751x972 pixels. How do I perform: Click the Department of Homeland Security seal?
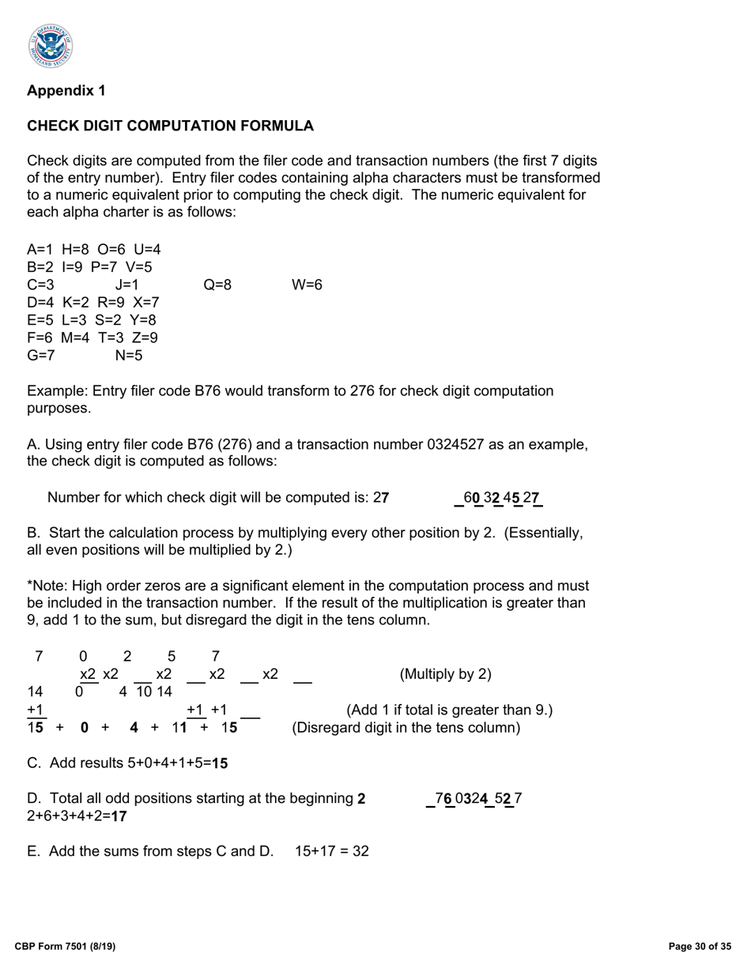click(51, 45)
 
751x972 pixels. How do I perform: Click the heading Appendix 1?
click(66, 91)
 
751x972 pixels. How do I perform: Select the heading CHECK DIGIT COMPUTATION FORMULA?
click(170, 126)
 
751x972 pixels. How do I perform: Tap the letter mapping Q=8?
click(217, 284)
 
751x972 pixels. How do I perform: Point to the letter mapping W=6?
click(307, 284)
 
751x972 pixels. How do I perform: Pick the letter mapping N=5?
click(129, 356)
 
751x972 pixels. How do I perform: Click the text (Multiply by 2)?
click(445, 674)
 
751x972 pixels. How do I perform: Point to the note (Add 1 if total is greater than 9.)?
click(449, 710)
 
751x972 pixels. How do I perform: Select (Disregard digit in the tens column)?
click(406, 727)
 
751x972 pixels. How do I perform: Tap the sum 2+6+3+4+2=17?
click(77, 816)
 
